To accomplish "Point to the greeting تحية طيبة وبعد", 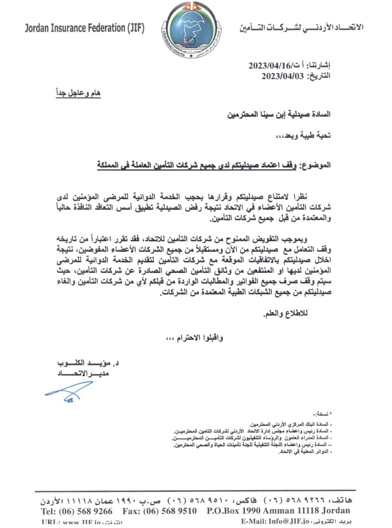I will coord(303,135).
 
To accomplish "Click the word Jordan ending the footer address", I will coord(335,511).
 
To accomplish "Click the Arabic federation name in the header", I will coord(301,28).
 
